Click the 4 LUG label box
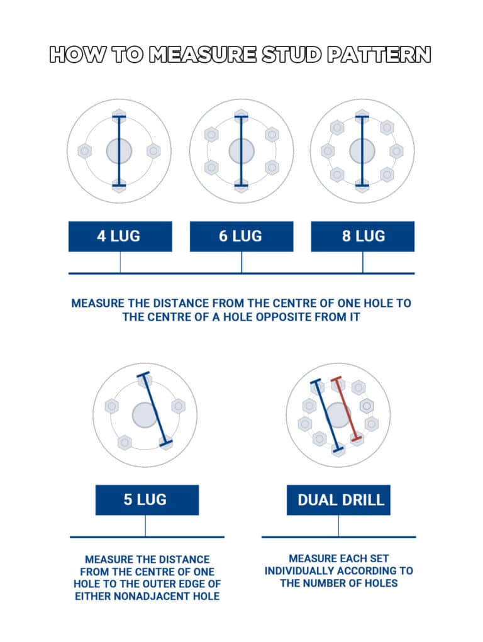[x=119, y=236]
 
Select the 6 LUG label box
[x=241, y=236]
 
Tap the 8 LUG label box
[x=363, y=236]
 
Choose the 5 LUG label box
[x=147, y=500]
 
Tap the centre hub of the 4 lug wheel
[x=119, y=151]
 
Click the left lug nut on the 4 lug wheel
[x=85, y=151]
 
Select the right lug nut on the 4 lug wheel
[x=153, y=151]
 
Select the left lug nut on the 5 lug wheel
[x=112, y=406]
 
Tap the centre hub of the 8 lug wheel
[x=362, y=151]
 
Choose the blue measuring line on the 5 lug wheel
[x=155, y=409]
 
